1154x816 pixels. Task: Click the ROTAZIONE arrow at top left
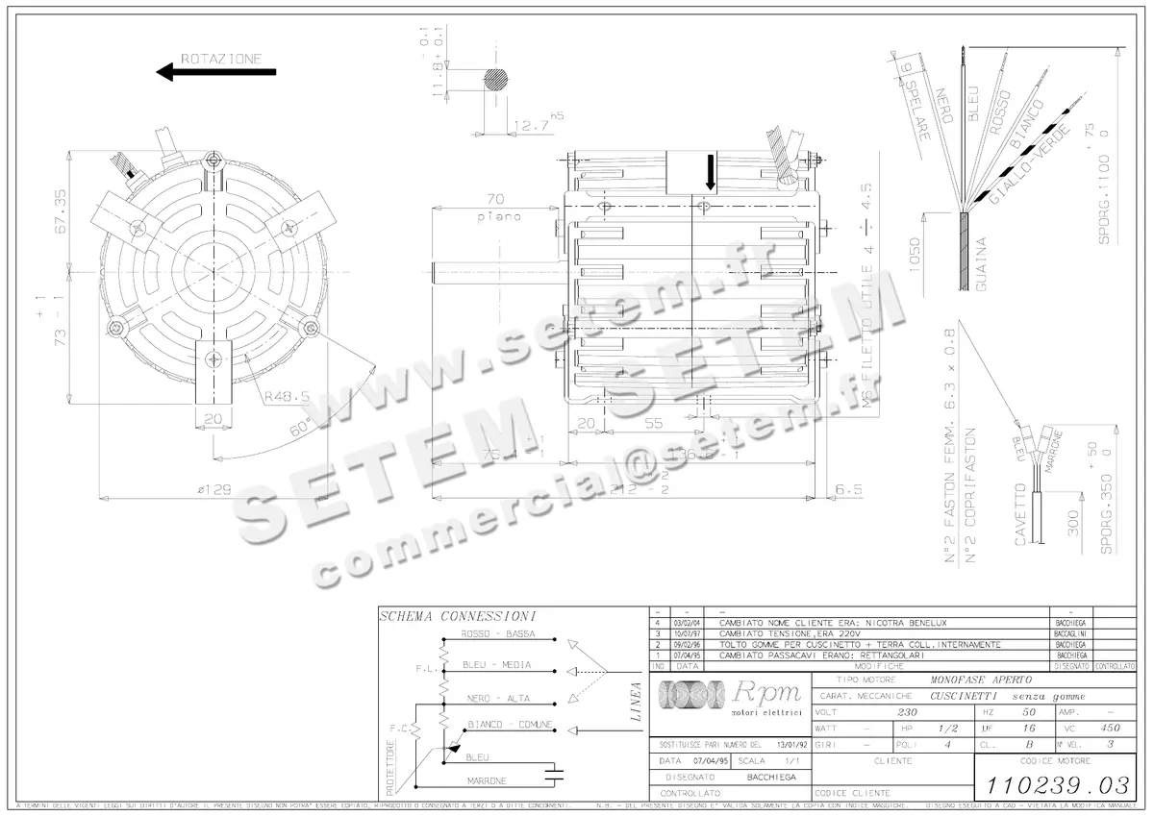click(x=216, y=72)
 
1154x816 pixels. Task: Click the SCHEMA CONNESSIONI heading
click(x=457, y=616)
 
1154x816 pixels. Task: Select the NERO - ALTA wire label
click(x=495, y=699)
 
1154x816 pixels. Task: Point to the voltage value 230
click(x=907, y=712)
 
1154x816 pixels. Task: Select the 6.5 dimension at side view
click(x=849, y=489)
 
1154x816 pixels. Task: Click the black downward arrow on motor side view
click(x=711, y=172)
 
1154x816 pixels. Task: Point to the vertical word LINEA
click(x=635, y=702)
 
